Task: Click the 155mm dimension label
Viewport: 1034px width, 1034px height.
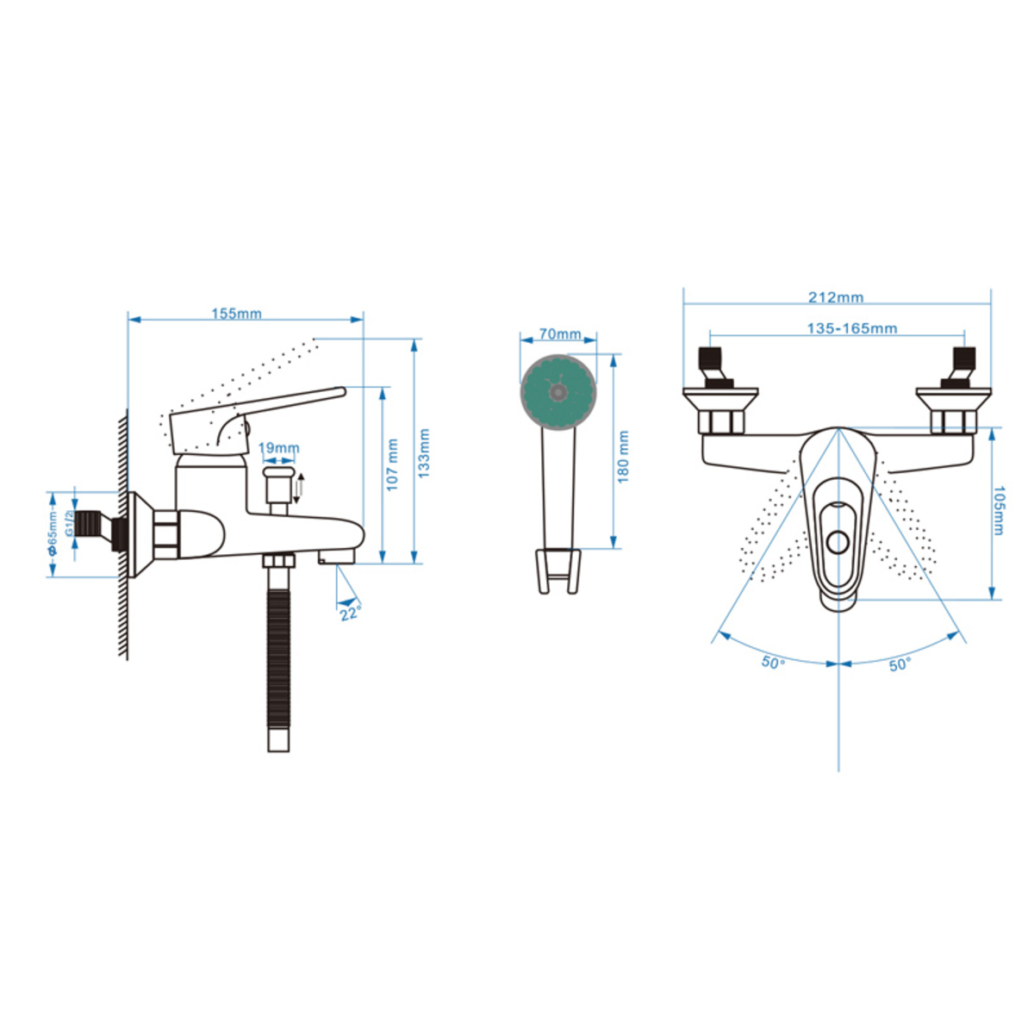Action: [x=237, y=314]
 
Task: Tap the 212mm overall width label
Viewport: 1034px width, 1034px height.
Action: [x=837, y=296]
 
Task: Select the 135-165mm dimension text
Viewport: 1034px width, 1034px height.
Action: [x=852, y=327]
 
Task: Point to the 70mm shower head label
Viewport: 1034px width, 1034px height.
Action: [x=560, y=333]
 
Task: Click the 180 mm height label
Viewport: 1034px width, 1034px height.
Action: [x=623, y=456]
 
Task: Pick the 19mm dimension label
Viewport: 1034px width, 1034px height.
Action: [x=279, y=447]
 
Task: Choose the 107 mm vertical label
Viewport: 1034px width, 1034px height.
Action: [x=393, y=464]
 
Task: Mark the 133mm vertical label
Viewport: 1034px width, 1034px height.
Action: [x=425, y=453]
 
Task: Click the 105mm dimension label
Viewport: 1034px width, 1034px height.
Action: [x=998, y=510]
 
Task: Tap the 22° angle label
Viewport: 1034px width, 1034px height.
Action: [x=350, y=613]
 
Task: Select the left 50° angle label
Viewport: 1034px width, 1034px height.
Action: [x=773, y=663]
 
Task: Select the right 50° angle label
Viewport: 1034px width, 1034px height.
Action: [x=900, y=665]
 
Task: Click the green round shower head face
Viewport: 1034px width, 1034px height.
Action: [x=558, y=392]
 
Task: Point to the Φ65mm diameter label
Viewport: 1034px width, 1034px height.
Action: [x=52, y=535]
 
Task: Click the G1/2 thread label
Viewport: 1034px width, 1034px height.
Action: [x=69, y=523]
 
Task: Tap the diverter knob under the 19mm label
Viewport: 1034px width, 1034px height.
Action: [x=278, y=484]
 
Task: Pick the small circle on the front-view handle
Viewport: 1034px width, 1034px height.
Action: [x=838, y=542]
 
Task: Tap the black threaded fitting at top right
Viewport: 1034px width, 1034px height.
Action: [x=963, y=364]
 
